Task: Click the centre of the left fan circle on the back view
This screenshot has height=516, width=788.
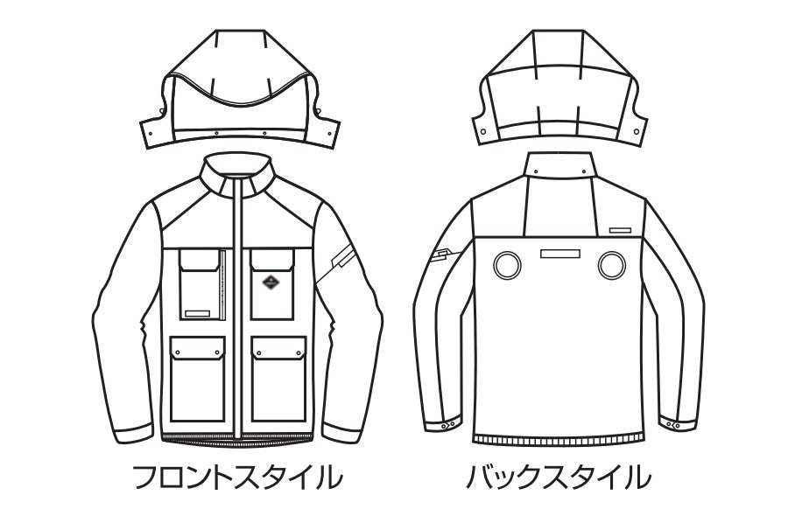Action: (x=507, y=265)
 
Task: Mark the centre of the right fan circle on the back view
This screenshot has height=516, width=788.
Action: (x=612, y=265)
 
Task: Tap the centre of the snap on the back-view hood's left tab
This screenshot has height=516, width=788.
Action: (x=483, y=131)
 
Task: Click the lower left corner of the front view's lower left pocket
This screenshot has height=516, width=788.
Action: (x=171, y=421)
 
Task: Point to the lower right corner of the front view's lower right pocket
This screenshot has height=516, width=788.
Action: (x=306, y=421)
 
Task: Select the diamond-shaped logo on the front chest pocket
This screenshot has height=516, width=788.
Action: (x=271, y=282)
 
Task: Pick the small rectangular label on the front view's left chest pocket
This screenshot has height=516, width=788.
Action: (x=197, y=314)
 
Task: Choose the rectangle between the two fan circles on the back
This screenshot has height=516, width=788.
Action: (x=559, y=254)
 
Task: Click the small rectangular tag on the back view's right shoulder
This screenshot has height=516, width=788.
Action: (x=620, y=230)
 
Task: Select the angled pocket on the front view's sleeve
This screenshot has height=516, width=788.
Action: (x=341, y=255)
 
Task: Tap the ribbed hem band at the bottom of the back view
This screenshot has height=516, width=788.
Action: (x=559, y=440)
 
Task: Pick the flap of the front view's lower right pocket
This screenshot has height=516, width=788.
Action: (x=279, y=348)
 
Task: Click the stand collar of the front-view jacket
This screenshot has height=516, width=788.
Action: (x=237, y=173)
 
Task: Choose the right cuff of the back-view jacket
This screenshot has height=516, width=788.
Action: (x=679, y=423)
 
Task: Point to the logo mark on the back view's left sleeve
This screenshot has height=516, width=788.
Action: (x=442, y=256)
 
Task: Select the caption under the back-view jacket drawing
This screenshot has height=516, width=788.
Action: (x=559, y=478)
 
